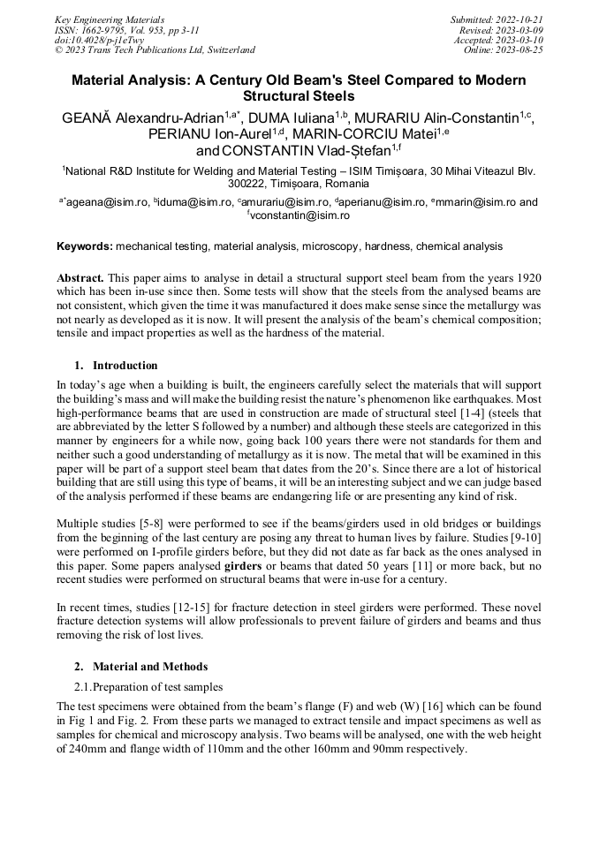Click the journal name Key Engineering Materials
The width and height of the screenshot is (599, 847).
coord(110,19)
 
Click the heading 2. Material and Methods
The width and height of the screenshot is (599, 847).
coord(141,666)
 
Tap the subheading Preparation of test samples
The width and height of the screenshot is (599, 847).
coord(159,686)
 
